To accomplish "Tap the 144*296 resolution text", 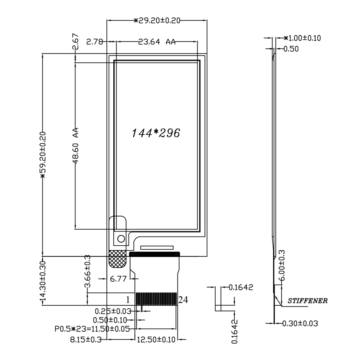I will click(156, 133).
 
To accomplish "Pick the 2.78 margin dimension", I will click(94, 42).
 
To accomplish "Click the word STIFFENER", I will click(307, 301).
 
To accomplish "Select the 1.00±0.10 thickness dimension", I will click(302, 38).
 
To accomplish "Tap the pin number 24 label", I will click(183, 300).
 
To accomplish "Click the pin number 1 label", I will click(128, 300).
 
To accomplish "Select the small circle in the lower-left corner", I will click(121, 239).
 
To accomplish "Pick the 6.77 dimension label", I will click(118, 279).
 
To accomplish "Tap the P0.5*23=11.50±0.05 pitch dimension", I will click(92, 329).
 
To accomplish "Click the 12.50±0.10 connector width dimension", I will click(156, 340).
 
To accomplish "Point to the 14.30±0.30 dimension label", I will click(43, 282).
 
